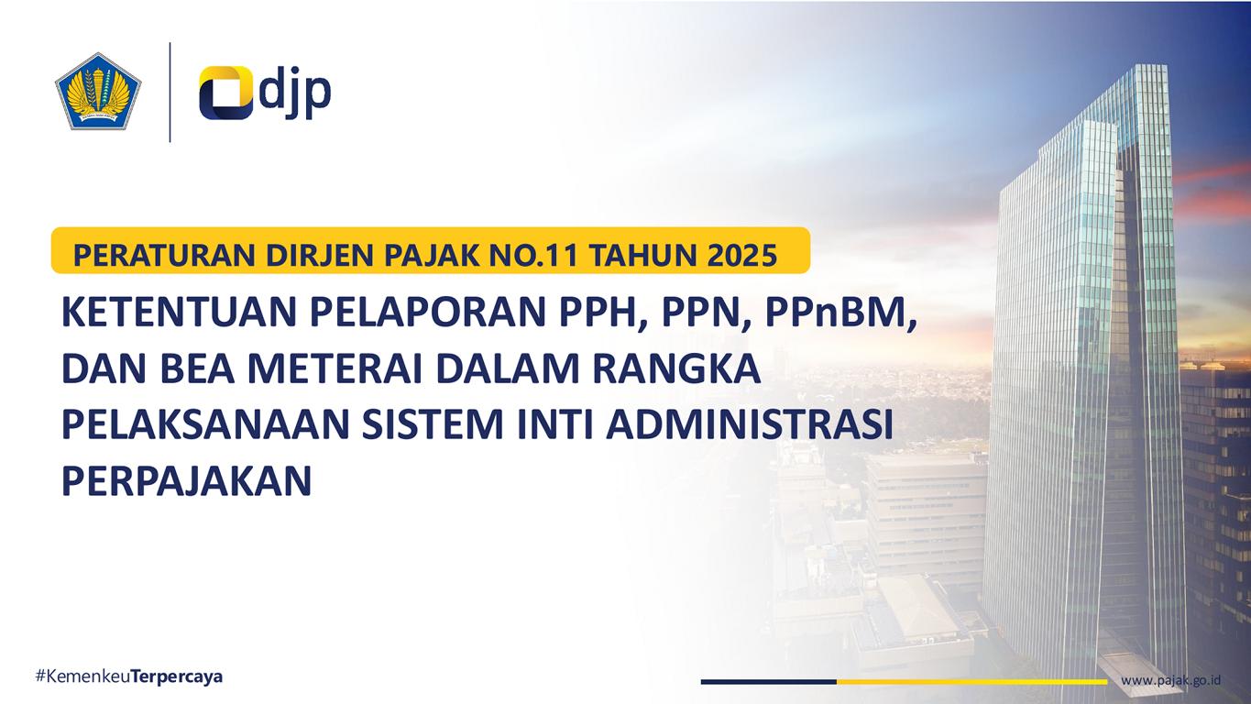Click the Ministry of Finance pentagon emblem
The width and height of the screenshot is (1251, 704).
(x=98, y=92)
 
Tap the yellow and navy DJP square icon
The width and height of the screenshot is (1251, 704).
(x=225, y=93)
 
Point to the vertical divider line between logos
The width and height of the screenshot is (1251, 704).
(x=170, y=93)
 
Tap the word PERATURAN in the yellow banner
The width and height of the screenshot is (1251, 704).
(x=165, y=256)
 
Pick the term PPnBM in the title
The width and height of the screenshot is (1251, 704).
(x=841, y=313)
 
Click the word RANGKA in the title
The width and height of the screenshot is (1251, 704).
(x=676, y=368)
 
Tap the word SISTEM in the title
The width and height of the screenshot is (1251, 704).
(x=433, y=424)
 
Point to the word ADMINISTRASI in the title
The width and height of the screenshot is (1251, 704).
(x=750, y=424)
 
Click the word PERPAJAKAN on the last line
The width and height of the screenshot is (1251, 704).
(x=187, y=481)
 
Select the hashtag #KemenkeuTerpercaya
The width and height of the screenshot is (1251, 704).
(x=129, y=676)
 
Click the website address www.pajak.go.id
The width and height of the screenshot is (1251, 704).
(x=1170, y=680)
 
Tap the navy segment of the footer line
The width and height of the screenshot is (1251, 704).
(x=769, y=682)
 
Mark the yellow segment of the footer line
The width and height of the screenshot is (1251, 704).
(x=972, y=682)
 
